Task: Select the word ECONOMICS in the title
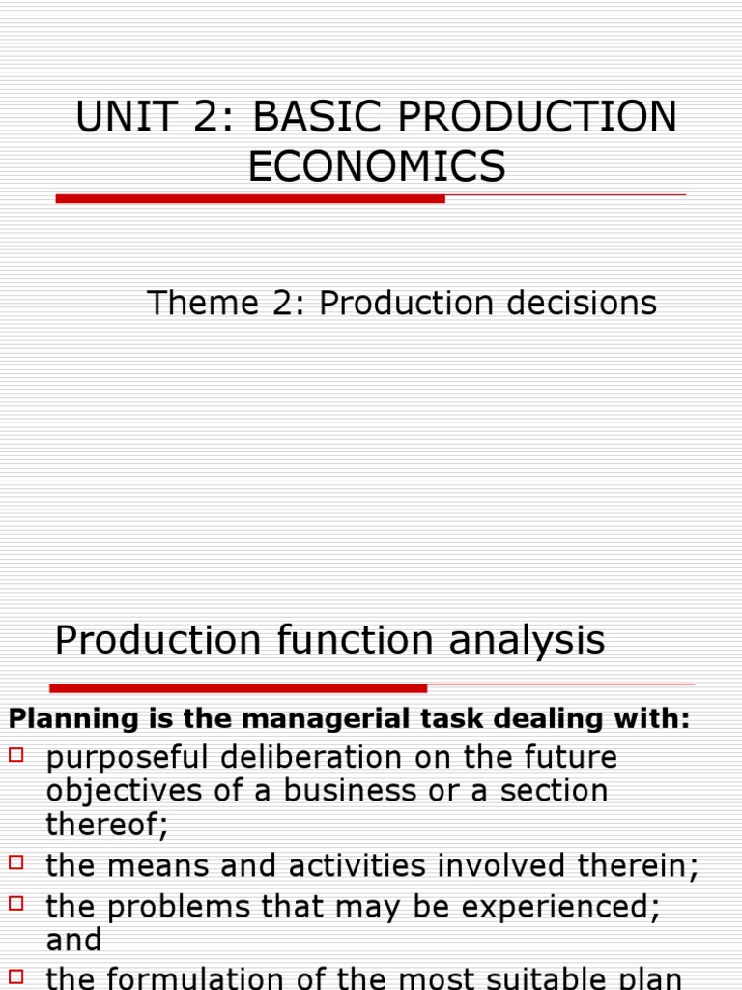click(377, 166)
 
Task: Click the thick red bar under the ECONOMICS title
click(250, 198)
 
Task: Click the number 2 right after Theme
click(293, 304)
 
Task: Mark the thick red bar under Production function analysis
click(238, 688)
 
